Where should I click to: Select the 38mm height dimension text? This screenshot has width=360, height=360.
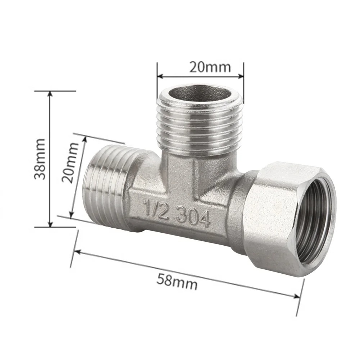pyautogui.click(x=40, y=159)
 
